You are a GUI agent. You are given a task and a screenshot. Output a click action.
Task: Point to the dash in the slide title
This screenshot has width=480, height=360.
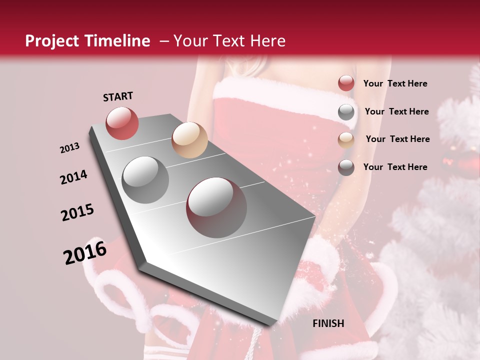tap(163, 41)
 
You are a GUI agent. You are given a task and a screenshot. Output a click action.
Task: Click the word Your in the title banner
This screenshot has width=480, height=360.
tap(190, 41)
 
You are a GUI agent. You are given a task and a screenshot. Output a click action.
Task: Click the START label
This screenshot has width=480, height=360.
tap(118, 96)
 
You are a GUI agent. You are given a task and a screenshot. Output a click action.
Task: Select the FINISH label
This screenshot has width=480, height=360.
tap(328, 323)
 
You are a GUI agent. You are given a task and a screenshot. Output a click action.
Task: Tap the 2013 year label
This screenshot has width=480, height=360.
tap(70, 147)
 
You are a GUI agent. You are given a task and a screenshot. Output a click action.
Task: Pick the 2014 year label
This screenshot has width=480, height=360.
tap(74, 177)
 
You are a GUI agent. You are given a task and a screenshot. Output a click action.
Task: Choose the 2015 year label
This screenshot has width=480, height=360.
tap(77, 212)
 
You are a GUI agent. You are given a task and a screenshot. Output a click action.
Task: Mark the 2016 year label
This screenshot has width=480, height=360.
tap(85, 252)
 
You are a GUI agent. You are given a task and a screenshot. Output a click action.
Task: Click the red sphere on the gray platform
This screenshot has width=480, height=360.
tap(122, 123)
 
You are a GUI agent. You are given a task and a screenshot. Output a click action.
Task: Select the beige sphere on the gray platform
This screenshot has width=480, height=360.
tap(189, 140)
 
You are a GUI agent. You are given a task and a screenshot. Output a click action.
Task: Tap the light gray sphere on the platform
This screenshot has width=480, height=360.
tap(145, 179)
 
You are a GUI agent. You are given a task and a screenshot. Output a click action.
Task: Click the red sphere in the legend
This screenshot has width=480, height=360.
tap(346, 83)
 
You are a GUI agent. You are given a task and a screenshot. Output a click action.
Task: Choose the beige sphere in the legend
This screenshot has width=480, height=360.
tap(346, 139)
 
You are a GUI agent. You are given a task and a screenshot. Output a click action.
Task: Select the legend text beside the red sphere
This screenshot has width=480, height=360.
tap(395, 83)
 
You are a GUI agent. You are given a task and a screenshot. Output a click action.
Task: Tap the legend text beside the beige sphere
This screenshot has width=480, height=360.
tap(397, 139)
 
